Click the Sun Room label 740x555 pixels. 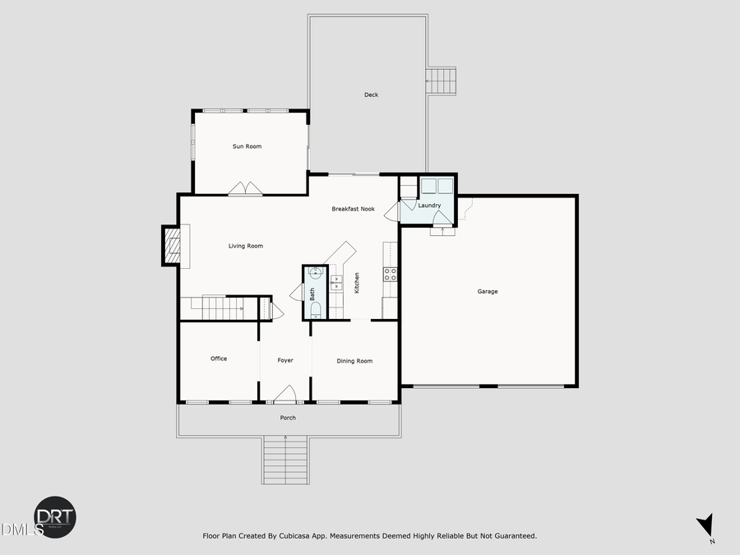pyautogui.click(x=247, y=146)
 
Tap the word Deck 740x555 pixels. pyautogui.click(x=372, y=95)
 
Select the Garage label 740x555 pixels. pyautogui.click(x=488, y=291)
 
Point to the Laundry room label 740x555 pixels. pyautogui.click(x=429, y=206)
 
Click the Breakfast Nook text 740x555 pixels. pyautogui.click(x=354, y=209)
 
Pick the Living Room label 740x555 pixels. pyautogui.click(x=246, y=246)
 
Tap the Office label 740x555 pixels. pyautogui.click(x=219, y=358)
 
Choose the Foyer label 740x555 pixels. pyautogui.click(x=285, y=360)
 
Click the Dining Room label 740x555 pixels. pyautogui.click(x=354, y=361)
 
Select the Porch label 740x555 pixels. pyautogui.click(x=287, y=418)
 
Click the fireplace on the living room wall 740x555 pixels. pyautogui.click(x=172, y=245)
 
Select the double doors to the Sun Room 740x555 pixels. pyautogui.click(x=245, y=189)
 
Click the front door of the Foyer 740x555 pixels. pyautogui.click(x=285, y=397)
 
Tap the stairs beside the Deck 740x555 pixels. pyautogui.click(x=441, y=82)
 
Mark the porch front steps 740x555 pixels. pyautogui.click(x=285, y=460)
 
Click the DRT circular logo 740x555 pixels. pyautogui.click(x=54, y=517)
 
